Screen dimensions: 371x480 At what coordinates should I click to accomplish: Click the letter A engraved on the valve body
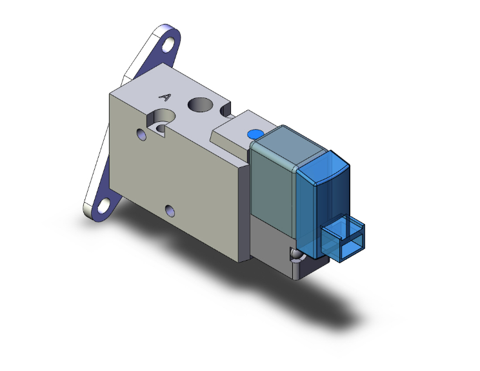coord(165,97)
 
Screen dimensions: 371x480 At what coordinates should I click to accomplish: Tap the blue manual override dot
coord(253,134)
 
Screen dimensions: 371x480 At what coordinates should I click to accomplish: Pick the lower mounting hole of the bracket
coord(103,206)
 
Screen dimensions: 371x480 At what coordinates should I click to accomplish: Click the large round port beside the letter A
coord(199,103)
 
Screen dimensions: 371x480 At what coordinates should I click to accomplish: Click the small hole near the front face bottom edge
coord(170,210)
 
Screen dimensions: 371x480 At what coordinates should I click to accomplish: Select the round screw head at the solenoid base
coord(295,255)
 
